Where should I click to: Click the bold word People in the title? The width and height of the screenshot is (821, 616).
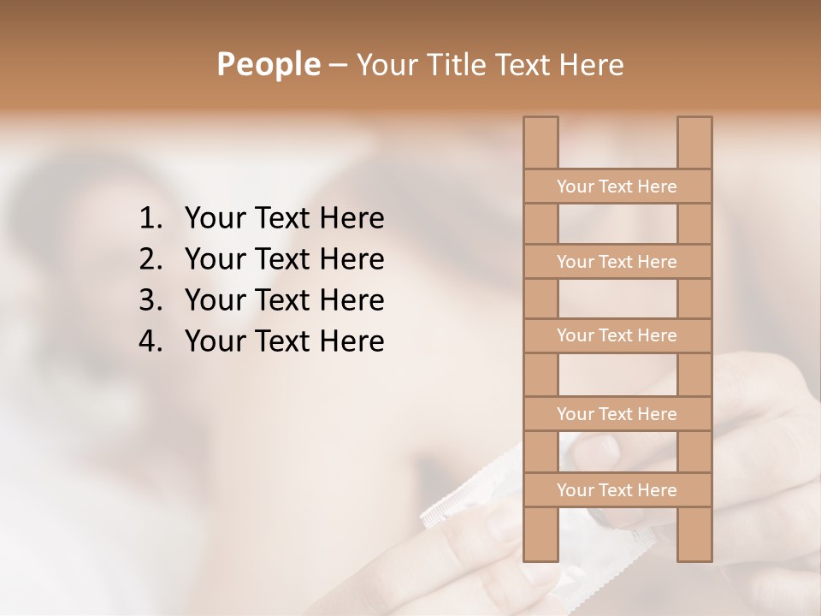(268, 64)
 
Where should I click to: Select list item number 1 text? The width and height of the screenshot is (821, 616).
(284, 218)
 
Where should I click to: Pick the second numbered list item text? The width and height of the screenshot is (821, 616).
(284, 259)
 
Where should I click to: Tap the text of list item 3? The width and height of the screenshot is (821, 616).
(284, 300)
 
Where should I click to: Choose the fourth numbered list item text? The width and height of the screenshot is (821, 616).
(284, 341)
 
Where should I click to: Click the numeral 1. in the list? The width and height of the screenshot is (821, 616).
(150, 218)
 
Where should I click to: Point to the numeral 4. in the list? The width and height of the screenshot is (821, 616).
(150, 341)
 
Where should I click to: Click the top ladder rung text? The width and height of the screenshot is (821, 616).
(617, 187)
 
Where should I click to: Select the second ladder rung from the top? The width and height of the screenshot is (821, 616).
(617, 262)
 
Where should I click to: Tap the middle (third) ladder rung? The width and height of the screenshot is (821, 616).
(617, 335)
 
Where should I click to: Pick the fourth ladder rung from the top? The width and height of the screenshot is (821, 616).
(617, 414)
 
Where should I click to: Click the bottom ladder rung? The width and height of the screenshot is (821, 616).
(617, 490)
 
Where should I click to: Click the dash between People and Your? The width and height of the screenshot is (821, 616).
(337, 65)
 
